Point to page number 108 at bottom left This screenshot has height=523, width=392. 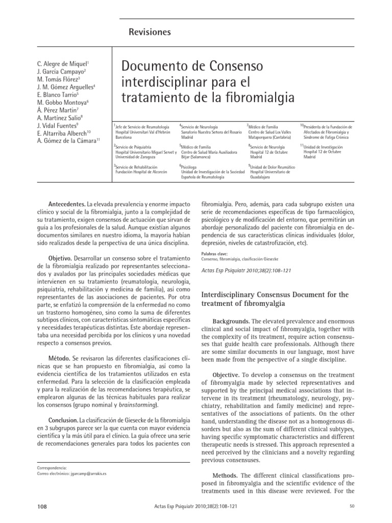(x=43, y=506)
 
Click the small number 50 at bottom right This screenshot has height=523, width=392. (x=352, y=506)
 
